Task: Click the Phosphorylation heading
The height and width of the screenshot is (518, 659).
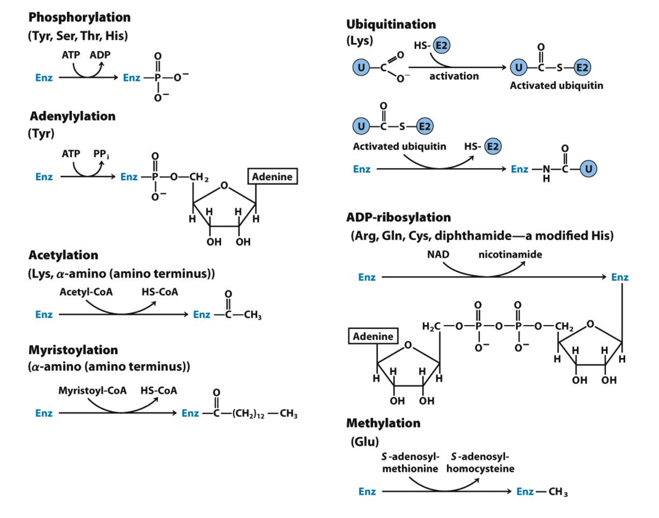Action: tap(79, 17)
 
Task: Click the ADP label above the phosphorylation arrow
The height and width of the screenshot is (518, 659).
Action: tap(100, 55)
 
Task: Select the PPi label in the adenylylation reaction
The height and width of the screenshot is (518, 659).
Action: tap(101, 154)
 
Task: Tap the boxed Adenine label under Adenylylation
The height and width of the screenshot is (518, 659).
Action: tap(272, 177)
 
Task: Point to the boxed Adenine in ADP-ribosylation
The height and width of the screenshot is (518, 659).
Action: tap(373, 337)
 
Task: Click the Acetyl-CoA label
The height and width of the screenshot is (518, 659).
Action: tap(86, 292)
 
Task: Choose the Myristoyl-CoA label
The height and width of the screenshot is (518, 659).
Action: tap(92, 391)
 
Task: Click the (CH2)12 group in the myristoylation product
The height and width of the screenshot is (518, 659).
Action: tap(248, 413)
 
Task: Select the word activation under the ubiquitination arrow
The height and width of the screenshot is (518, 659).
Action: tap(454, 76)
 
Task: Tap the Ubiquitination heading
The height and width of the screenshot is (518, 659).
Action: tap(391, 24)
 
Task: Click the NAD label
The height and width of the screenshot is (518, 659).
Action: tap(438, 254)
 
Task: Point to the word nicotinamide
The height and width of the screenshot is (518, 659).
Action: tap(510, 254)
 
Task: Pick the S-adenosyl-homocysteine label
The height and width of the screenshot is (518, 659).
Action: tap(480, 463)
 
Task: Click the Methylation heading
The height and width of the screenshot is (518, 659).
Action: tap(383, 423)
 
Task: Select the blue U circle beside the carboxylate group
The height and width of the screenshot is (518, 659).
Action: tap(361, 68)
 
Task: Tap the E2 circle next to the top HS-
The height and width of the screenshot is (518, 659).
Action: tap(441, 46)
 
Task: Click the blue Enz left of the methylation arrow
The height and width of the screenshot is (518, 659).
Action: tap(367, 492)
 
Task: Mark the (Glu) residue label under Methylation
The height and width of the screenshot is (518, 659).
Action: tap(365, 442)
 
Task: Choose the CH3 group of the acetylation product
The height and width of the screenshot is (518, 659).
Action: tap(253, 315)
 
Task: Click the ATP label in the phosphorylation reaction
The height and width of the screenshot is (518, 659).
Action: tap(71, 55)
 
